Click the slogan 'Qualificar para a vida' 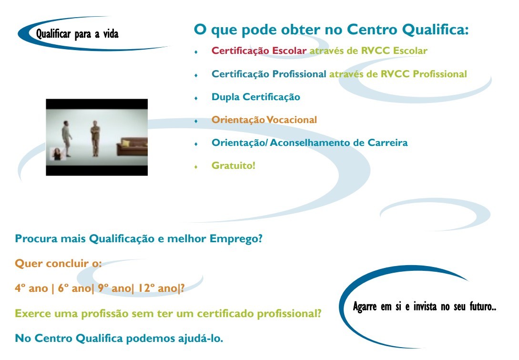[x=77, y=34]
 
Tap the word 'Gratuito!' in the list [x=234, y=165]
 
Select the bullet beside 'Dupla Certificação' [x=196, y=98]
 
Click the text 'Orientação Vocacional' [x=264, y=120]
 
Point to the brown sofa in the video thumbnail [x=132, y=147]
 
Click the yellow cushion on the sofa [x=125, y=143]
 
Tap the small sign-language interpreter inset [x=58, y=154]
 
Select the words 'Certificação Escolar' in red [x=259, y=51]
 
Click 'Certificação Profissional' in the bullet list [x=269, y=74]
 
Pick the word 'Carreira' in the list [x=387, y=143]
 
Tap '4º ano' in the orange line [x=31, y=288]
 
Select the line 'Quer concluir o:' [x=58, y=263]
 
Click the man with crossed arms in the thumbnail [x=95, y=138]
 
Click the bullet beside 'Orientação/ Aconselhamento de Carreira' [x=196, y=144]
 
